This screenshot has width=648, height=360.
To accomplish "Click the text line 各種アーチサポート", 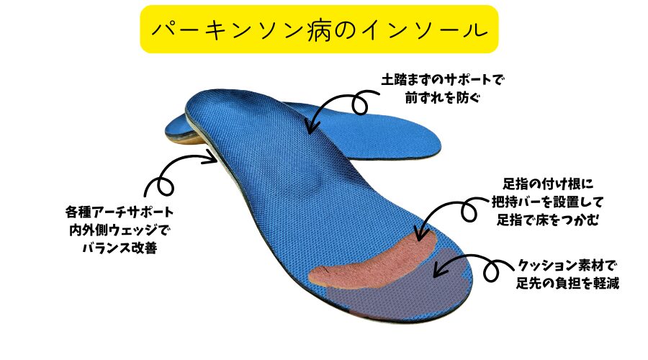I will (x=120, y=214).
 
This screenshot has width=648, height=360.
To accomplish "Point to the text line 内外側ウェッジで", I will (x=120, y=231).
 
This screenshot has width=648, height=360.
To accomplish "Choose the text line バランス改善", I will (x=120, y=248).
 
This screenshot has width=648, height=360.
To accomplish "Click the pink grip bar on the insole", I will (x=374, y=259).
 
